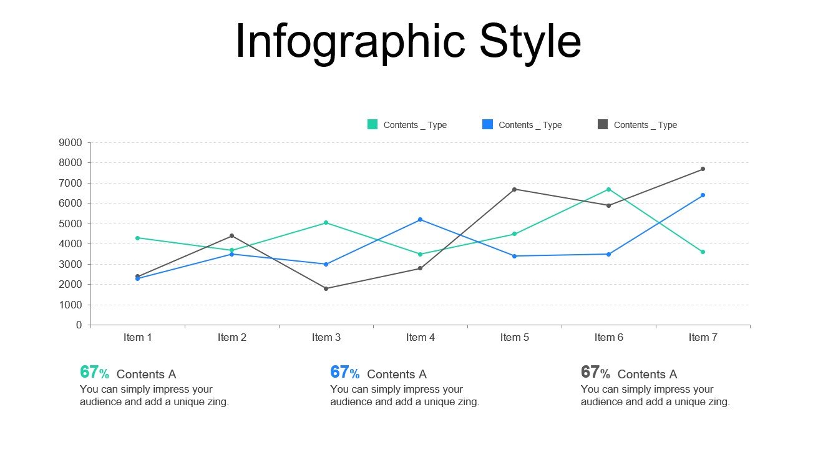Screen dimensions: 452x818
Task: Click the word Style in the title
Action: (530, 42)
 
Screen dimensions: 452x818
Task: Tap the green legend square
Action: (372, 125)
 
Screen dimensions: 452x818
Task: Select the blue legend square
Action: (487, 125)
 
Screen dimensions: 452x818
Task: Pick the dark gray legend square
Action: (603, 125)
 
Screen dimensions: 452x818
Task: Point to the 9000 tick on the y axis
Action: (70, 143)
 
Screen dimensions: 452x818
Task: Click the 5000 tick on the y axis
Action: (70, 224)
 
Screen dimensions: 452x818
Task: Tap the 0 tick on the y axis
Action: (79, 325)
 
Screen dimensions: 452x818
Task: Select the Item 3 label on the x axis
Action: (326, 338)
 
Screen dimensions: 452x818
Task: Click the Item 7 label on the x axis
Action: (703, 338)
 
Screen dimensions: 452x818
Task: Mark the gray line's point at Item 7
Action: (703, 169)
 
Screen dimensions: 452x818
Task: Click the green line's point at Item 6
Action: (608, 189)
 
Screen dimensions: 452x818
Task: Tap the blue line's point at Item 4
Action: (420, 220)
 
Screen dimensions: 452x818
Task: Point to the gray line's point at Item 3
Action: (326, 288)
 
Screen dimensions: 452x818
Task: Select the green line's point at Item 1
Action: (137, 238)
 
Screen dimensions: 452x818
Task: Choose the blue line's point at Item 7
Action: (703, 195)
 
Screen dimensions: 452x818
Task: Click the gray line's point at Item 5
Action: (514, 189)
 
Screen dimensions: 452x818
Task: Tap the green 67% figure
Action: (94, 373)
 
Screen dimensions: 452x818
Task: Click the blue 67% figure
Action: (344, 373)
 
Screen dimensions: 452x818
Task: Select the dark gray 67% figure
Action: (595, 373)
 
